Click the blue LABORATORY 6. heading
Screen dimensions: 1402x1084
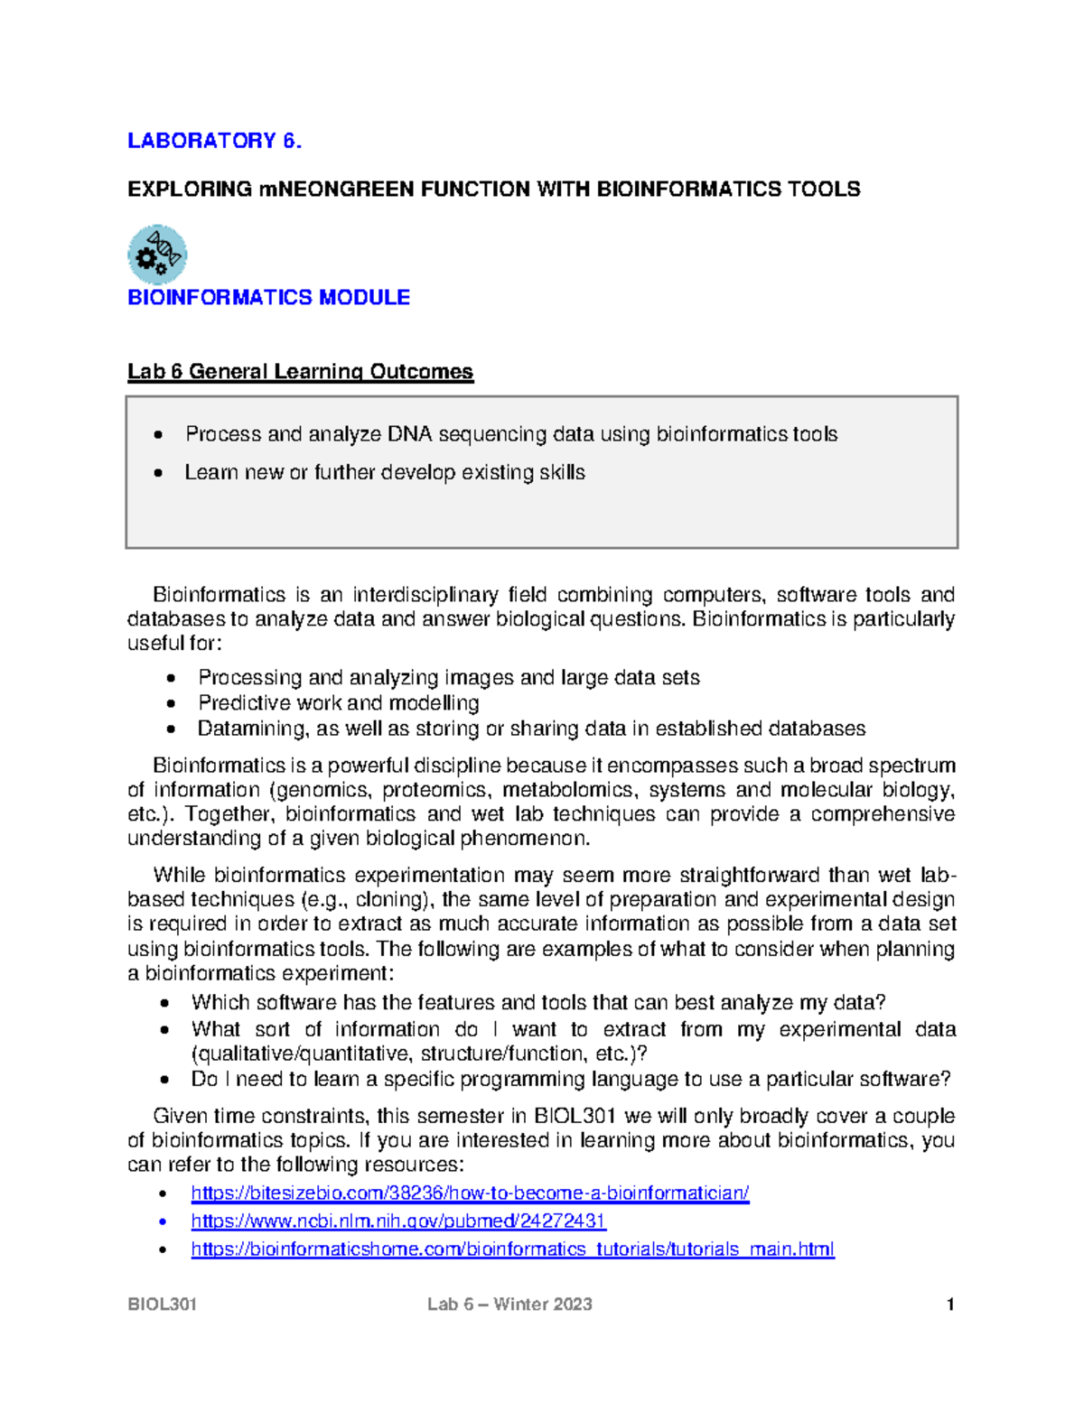click(214, 141)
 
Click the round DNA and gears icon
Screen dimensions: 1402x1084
click(157, 255)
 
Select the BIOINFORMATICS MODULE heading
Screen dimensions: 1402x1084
click(268, 298)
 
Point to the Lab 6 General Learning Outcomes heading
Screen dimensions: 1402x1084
click(300, 372)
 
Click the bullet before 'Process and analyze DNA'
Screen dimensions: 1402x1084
click(159, 435)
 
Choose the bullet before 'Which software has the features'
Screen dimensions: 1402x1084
click(164, 1003)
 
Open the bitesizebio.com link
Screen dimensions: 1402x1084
click(470, 1193)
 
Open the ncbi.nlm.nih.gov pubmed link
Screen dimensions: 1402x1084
click(398, 1221)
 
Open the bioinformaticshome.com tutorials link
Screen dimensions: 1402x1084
click(512, 1249)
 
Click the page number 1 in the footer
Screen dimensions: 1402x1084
click(949, 1305)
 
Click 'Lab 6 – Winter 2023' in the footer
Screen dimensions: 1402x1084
click(509, 1305)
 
